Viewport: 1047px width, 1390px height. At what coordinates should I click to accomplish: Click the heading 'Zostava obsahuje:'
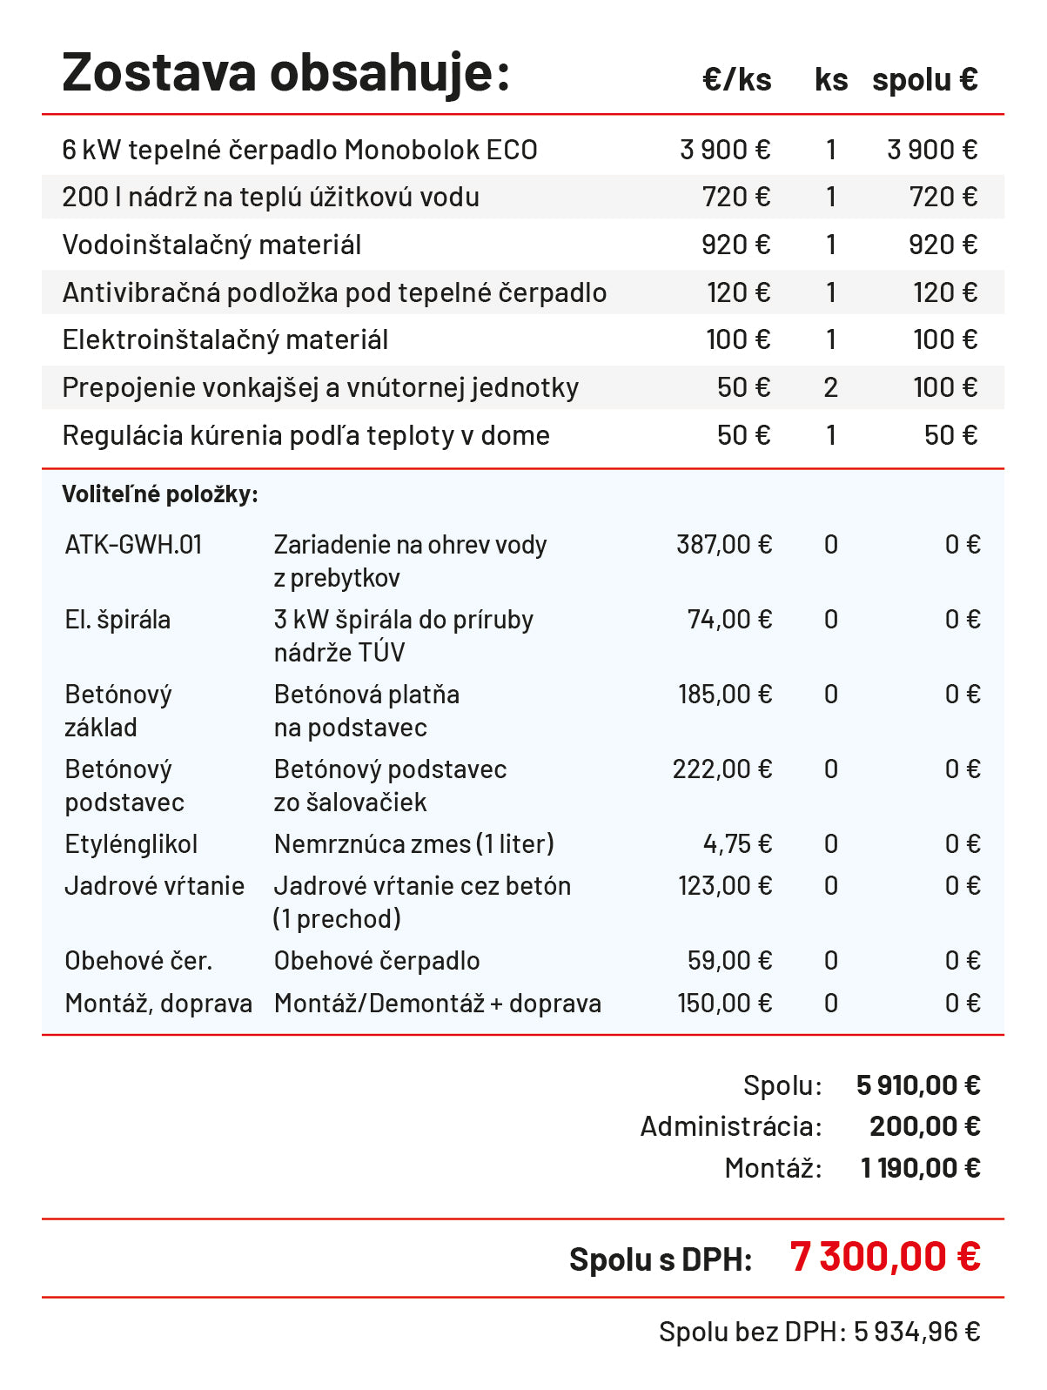[x=285, y=73]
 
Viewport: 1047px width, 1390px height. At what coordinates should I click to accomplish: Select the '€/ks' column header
[x=736, y=80]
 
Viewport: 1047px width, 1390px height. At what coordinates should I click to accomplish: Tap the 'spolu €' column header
[x=924, y=80]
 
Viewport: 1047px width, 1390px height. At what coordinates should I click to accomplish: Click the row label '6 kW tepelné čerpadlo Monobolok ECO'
[x=299, y=150]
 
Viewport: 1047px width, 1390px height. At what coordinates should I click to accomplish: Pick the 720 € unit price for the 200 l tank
[x=735, y=198]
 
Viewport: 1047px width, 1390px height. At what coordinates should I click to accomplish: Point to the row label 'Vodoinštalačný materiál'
[x=211, y=245]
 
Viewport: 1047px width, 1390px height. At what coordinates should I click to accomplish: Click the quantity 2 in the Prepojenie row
[x=830, y=387]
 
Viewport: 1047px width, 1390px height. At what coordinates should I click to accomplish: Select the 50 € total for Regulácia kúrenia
[x=950, y=435]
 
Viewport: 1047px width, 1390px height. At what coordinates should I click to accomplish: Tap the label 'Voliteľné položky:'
[x=160, y=494]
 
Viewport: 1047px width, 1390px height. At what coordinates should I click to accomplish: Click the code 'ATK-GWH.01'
[x=133, y=545]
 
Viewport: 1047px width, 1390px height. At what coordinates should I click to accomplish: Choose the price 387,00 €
[x=723, y=545]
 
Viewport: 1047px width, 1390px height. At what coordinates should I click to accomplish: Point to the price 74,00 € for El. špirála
[x=728, y=620]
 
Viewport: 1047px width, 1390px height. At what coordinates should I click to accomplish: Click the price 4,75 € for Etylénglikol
[x=736, y=844]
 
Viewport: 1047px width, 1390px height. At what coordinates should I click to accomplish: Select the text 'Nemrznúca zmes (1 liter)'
[x=413, y=844]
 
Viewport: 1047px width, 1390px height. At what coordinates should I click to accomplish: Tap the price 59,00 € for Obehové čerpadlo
[x=728, y=961]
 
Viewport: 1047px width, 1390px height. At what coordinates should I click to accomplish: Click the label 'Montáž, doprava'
[x=158, y=1004]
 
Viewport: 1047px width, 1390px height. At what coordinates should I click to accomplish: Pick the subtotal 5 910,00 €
[x=917, y=1085]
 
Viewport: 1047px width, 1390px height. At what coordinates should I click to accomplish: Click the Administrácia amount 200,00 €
[x=924, y=1126]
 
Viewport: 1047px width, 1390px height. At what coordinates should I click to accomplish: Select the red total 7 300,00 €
[x=884, y=1257]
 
